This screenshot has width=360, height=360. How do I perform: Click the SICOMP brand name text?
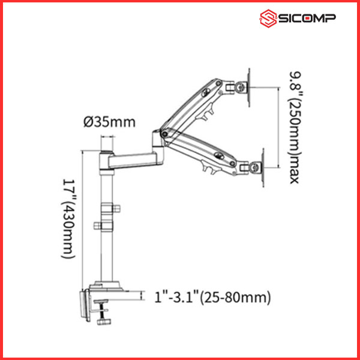pyautogui.click(x=307, y=18)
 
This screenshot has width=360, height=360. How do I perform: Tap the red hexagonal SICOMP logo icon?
pyautogui.click(x=268, y=19)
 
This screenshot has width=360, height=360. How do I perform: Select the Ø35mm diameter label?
pyautogui.click(x=110, y=122)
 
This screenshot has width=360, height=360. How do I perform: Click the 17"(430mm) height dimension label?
pyautogui.click(x=68, y=219)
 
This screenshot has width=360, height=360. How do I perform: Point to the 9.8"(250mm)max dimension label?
pyautogui.click(x=295, y=128)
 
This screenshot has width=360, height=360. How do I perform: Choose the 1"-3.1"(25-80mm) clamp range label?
pyautogui.click(x=212, y=298)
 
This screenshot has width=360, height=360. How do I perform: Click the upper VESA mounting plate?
pyautogui.click(x=249, y=88)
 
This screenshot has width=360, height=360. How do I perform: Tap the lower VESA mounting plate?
pyautogui.click(x=263, y=167)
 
